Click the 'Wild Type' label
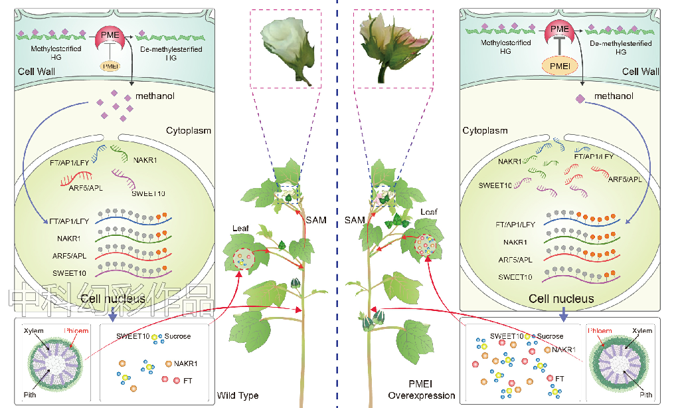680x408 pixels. (238, 396)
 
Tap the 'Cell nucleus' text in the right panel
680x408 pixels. (561, 298)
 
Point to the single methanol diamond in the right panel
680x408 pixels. (580, 98)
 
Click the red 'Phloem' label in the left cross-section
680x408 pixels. (77, 330)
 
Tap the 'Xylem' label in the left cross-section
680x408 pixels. (34, 330)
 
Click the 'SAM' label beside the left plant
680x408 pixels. (316, 220)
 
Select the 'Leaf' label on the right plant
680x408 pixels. (428, 212)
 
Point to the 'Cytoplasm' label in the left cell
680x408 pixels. (188, 130)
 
